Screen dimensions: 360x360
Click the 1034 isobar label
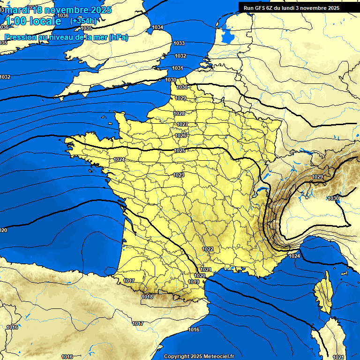tap(158, 28)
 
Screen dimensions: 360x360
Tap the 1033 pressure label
tap(179, 44)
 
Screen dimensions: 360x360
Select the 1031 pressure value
tap(177, 68)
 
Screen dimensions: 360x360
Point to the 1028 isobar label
tap(179, 114)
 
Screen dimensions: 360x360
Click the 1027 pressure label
tap(182, 124)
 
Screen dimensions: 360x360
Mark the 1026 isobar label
tap(180, 135)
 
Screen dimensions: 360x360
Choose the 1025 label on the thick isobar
tap(180, 150)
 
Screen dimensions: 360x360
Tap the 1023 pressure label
tap(179, 175)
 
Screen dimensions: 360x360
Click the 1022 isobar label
tap(208, 249)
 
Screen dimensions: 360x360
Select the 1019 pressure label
tap(194, 282)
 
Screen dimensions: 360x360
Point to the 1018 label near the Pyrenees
tap(147, 297)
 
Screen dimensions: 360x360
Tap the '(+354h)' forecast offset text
tap(84, 21)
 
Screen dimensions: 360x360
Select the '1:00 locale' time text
tap(33, 21)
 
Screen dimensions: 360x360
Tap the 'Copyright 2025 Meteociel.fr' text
tap(199, 356)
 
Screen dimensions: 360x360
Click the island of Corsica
tap(322, 294)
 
